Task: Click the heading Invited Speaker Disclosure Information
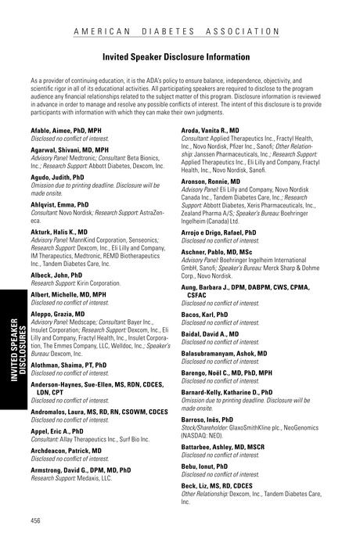pyautogui.click(x=180, y=57)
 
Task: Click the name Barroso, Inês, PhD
pyautogui.click(x=207, y=419)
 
